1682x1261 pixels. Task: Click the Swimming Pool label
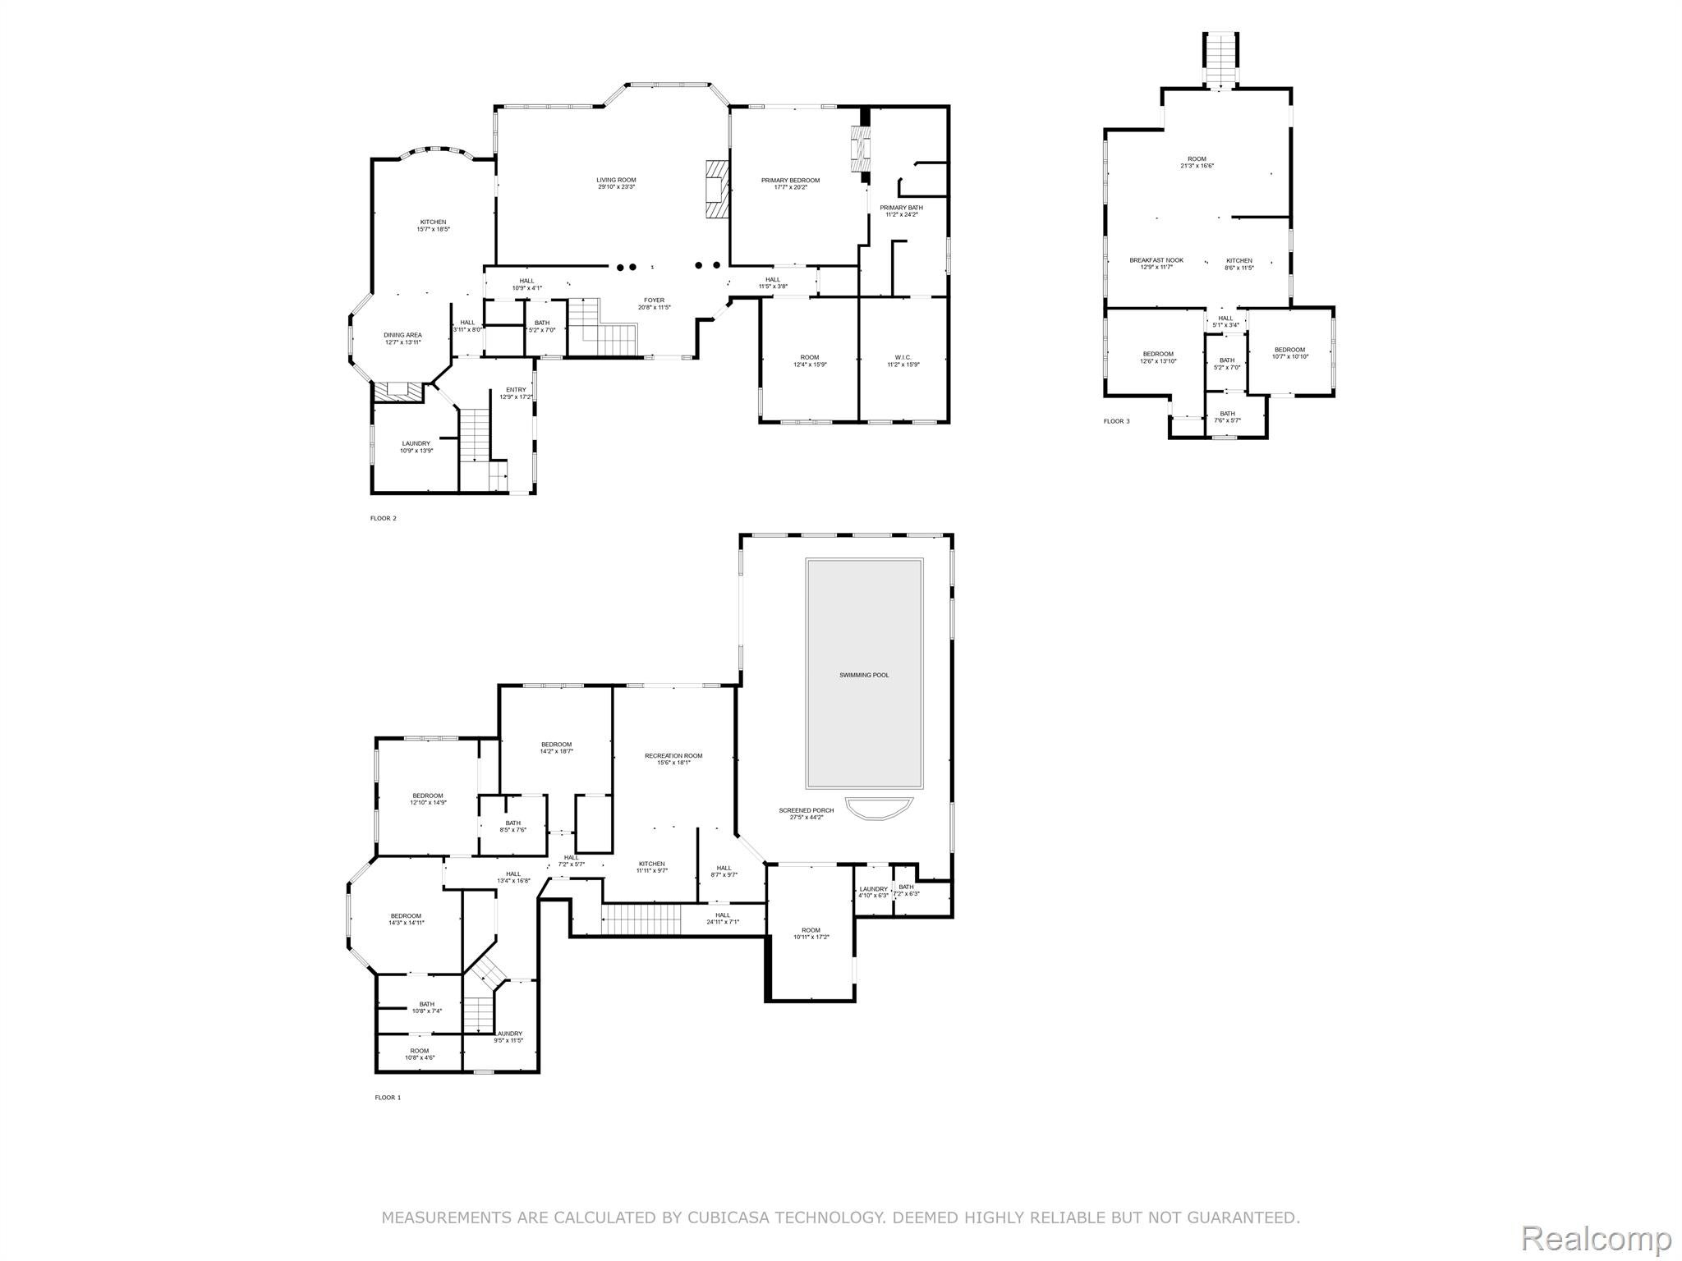click(864, 675)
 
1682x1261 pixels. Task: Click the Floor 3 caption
click(1116, 421)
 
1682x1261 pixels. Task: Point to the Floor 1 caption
click(388, 1097)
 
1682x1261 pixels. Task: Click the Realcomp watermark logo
click(1595, 1237)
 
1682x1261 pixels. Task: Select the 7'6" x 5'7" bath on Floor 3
click(1227, 417)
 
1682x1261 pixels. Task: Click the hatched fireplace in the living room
click(715, 188)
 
